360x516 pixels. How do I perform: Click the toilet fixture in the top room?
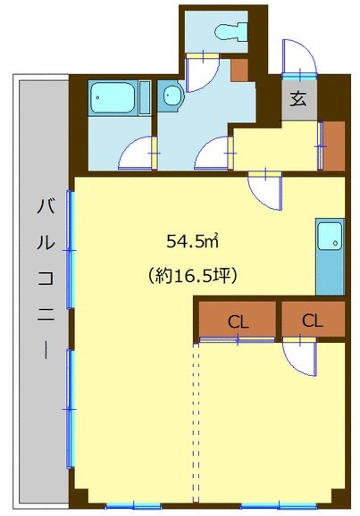coord(230,31)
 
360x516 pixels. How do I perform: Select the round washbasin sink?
coord(172,96)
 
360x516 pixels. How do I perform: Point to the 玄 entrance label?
coord(298,99)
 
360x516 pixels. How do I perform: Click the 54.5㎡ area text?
coord(193,242)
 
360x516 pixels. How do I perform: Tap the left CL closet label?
coord(239,322)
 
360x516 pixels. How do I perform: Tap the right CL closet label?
coord(313,320)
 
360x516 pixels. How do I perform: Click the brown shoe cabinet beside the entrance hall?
coord(334,146)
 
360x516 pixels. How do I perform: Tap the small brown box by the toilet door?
coord(239,71)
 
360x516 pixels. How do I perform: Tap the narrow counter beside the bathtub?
coord(145,97)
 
